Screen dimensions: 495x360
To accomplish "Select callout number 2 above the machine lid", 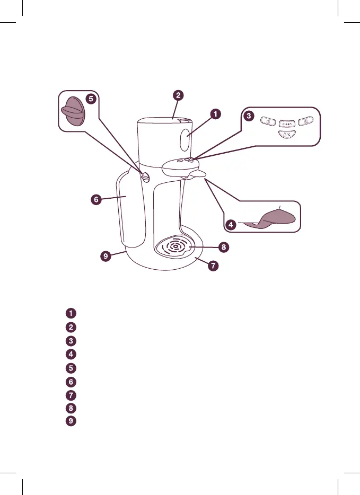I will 179,95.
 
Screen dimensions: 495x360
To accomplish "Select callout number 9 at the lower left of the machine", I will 107,255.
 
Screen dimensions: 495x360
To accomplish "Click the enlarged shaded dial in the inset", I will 73,111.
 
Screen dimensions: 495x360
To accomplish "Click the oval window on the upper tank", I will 186,140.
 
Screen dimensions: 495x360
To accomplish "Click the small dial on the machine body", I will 144,177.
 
